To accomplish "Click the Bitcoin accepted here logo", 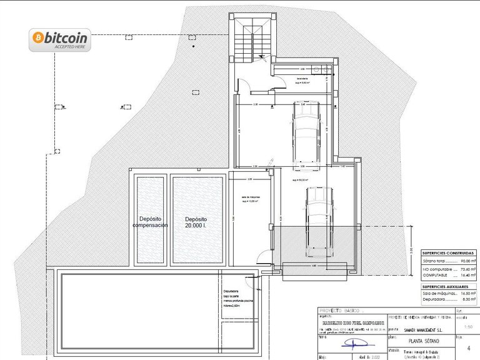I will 60,40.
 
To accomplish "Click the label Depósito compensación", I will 150,222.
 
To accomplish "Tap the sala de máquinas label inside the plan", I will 251,199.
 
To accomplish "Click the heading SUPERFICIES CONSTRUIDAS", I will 447,253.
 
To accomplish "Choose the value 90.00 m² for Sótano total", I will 467,261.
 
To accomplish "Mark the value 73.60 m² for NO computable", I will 467,268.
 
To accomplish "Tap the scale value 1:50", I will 461,326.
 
